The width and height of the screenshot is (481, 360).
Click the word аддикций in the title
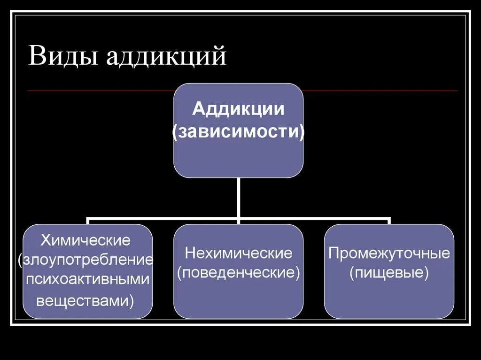click(x=166, y=57)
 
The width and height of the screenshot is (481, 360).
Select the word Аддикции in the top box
click(x=239, y=109)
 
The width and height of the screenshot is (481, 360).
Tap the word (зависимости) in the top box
click(x=239, y=131)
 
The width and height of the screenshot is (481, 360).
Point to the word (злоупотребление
click(x=86, y=260)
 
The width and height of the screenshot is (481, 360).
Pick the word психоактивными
click(x=87, y=279)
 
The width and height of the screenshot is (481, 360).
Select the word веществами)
click(x=85, y=300)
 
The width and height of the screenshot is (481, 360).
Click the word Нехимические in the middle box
click(x=239, y=253)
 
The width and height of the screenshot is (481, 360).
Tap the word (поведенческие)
click(x=239, y=273)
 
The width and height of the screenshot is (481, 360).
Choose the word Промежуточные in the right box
click(x=389, y=253)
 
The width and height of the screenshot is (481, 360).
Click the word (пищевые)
click(x=389, y=273)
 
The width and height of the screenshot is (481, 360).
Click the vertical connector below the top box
click(x=239, y=197)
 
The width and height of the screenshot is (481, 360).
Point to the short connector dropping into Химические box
click(x=88, y=221)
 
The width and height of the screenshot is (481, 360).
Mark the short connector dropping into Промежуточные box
click(x=389, y=221)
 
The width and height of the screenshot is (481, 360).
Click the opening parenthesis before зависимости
click(x=175, y=132)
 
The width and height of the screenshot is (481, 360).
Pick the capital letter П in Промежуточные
click(x=334, y=253)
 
